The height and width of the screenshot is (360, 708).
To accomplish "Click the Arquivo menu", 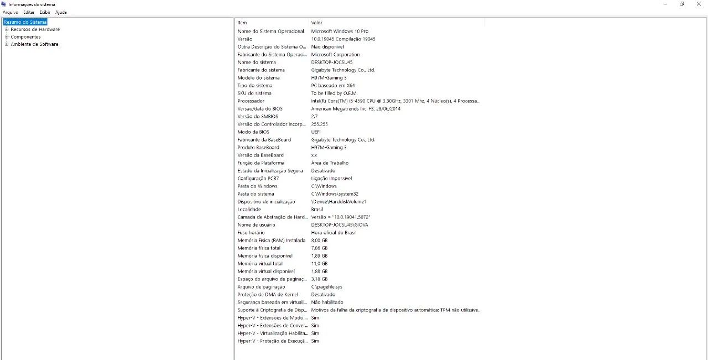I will [x=11, y=12].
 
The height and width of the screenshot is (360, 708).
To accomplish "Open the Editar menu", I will [x=29, y=12].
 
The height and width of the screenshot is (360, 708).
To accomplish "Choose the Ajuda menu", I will [x=61, y=12].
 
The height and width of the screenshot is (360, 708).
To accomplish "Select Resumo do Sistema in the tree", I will [x=25, y=22].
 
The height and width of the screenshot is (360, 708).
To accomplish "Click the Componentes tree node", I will [x=25, y=37].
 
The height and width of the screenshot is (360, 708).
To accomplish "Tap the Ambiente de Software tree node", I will [x=34, y=44].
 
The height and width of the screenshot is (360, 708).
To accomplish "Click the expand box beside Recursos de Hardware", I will [x=7, y=29].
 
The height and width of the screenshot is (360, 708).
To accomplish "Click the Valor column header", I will [x=317, y=23].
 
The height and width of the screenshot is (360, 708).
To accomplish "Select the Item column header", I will [x=242, y=23].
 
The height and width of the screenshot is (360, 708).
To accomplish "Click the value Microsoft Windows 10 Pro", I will [x=340, y=32].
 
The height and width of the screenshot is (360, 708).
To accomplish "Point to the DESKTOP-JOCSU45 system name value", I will [x=332, y=62].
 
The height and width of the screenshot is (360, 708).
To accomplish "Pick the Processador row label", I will [x=251, y=101].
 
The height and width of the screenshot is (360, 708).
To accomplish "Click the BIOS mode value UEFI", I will [x=316, y=132].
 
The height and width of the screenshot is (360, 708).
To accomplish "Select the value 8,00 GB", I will [x=319, y=241].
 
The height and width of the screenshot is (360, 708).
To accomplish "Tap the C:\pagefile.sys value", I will [x=327, y=287].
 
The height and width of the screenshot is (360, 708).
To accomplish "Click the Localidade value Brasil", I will [x=317, y=210].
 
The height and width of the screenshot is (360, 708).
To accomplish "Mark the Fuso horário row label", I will [x=251, y=233].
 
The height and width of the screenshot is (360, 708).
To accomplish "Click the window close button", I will [x=699, y=4].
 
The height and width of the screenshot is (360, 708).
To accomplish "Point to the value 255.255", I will [x=319, y=124].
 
